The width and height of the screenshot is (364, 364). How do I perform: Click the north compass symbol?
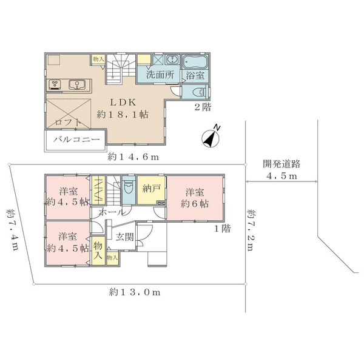(x=211, y=137)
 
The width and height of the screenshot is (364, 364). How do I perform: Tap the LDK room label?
(x=123, y=103)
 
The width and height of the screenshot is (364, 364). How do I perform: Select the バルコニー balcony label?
(x=76, y=140)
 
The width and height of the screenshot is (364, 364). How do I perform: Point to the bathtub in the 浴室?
(x=195, y=62)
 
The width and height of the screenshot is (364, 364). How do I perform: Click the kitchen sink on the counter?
(x=77, y=84)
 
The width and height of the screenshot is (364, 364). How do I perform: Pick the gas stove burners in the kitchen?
(x=55, y=84)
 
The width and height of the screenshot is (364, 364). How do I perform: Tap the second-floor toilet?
(x=200, y=92)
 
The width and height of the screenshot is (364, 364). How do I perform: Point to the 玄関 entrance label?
(x=125, y=237)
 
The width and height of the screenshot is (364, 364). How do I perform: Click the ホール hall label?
(x=112, y=212)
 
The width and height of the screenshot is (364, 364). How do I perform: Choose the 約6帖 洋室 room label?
(x=195, y=198)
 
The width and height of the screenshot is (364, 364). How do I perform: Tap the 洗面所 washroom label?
(x=160, y=75)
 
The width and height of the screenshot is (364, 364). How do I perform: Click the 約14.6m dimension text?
(x=133, y=157)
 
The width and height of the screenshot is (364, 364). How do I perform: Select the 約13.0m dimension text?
(x=135, y=292)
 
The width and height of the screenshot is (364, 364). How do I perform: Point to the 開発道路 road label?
(x=281, y=164)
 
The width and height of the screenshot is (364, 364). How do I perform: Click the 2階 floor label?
(x=203, y=107)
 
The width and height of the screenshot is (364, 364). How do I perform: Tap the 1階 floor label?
(x=223, y=229)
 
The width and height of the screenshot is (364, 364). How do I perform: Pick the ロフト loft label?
(x=68, y=122)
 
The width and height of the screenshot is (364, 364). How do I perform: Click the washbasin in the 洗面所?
(x=172, y=59)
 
